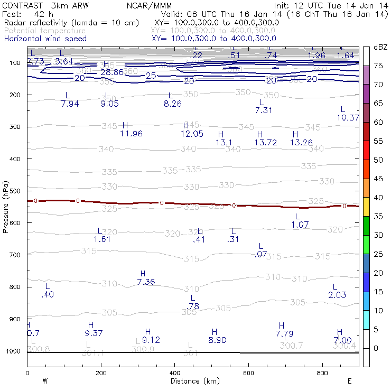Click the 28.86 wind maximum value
point(112,72)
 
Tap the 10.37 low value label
point(348,117)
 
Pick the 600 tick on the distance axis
point(249,373)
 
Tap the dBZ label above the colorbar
point(380,47)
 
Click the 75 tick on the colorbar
point(379,66)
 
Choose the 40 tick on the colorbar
point(379,198)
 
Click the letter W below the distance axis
point(45,381)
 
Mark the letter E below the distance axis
point(350,381)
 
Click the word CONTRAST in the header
point(20,5)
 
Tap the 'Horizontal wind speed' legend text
point(45,39)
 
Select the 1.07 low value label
point(300,225)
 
